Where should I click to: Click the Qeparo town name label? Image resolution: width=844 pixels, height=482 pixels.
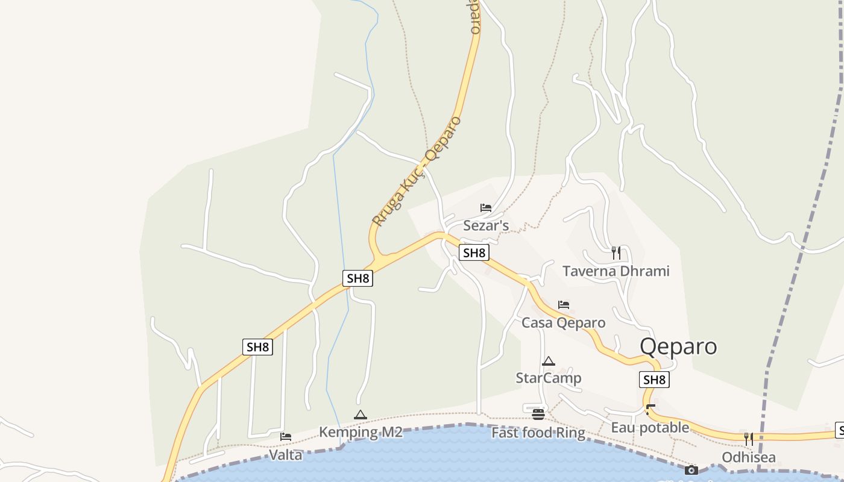point(678,346)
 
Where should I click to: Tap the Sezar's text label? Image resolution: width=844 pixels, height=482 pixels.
point(486,226)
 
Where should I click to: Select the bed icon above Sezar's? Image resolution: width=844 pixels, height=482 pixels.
point(486,208)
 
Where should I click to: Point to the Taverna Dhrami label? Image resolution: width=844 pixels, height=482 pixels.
point(616,271)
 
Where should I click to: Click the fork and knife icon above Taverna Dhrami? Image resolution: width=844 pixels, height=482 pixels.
point(616,252)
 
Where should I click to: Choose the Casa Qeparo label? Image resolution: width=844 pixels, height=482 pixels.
point(563,323)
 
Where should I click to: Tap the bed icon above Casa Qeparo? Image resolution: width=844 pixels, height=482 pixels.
point(564,305)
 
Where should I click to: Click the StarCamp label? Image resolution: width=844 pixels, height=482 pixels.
point(548,378)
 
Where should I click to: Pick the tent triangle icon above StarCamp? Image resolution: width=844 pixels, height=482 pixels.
point(548,361)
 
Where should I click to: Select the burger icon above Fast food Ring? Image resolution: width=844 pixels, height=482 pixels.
point(538,415)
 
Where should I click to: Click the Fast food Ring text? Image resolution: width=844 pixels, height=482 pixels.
point(538,433)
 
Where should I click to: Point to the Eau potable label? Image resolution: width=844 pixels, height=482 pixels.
point(650,428)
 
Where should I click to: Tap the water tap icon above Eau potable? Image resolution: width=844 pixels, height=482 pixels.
point(650,410)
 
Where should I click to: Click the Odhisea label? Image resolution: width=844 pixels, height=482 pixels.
point(749,457)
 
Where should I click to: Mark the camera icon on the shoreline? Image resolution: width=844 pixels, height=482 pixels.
point(691,470)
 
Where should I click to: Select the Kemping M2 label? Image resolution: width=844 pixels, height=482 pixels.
point(360,432)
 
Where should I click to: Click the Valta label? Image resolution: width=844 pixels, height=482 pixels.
point(285,455)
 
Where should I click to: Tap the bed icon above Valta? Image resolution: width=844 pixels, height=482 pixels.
point(286,437)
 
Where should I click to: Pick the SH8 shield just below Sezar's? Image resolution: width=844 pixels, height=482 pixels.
point(474,253)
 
